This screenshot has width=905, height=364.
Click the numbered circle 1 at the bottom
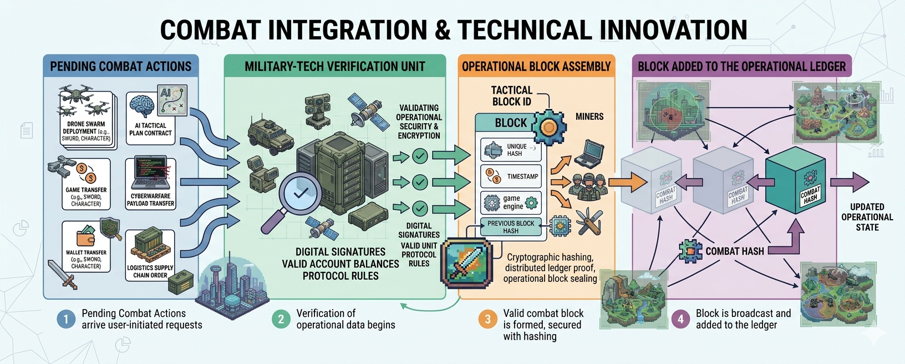coord(66,319)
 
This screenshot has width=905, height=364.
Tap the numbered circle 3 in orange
coord(487,319)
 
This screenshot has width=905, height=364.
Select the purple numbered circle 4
coord(680,319)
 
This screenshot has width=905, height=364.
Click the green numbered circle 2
coord(281,319)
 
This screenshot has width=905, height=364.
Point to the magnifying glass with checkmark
coord(297,196)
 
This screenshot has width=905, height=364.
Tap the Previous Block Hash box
coord(511,227)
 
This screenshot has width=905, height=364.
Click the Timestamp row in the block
coord(511,176)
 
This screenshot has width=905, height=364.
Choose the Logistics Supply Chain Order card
coord(150,256)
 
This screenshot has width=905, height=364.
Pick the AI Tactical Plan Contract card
coord(150,115)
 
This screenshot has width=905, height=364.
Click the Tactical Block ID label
coord(512,96)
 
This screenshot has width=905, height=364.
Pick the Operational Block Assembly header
coord(536,67)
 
